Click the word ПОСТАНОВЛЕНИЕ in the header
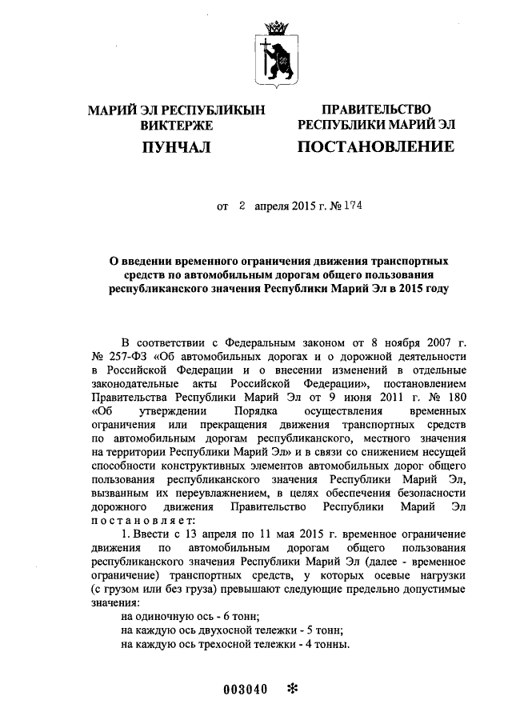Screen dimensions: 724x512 375,146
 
